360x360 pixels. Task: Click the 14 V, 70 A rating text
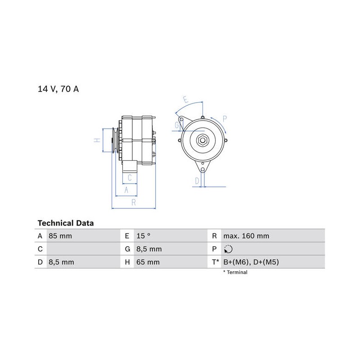tap(58, 89)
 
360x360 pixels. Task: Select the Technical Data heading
tap(66, 223)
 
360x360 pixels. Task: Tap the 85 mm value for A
tap(60, 236)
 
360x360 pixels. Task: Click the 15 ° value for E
tap(144, 236)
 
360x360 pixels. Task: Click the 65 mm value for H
tap(148, 262)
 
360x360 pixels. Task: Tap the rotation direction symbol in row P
tap(228, 249)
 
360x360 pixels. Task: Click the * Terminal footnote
tap(235, 272)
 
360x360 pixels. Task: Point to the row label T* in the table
tap(216, 262)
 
